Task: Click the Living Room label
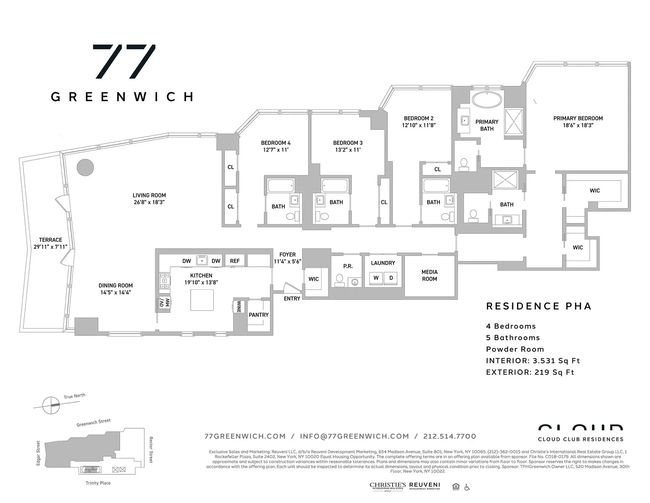tap(149, 195)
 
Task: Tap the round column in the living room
tap(85, 167)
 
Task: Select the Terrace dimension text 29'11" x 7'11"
tap(50, 247)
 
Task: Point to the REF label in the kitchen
tap(235, 261)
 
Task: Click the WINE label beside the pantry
tap(238, 307)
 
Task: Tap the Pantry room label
tap(259, 315)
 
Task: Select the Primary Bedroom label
tap(578, 118)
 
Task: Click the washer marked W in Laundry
tap(376, 278)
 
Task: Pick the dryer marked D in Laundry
tap(391, 278)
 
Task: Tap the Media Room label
tap(429, 275)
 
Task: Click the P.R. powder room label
tap(348, 266)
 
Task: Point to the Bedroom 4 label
tap(276, 143)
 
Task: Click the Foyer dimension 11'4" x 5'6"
tap(287, 262)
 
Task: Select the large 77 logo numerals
tap(124, 61)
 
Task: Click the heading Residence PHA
tap(539, 306)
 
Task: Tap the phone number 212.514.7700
tap(450, 436)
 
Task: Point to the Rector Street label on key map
tap(151, 450)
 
